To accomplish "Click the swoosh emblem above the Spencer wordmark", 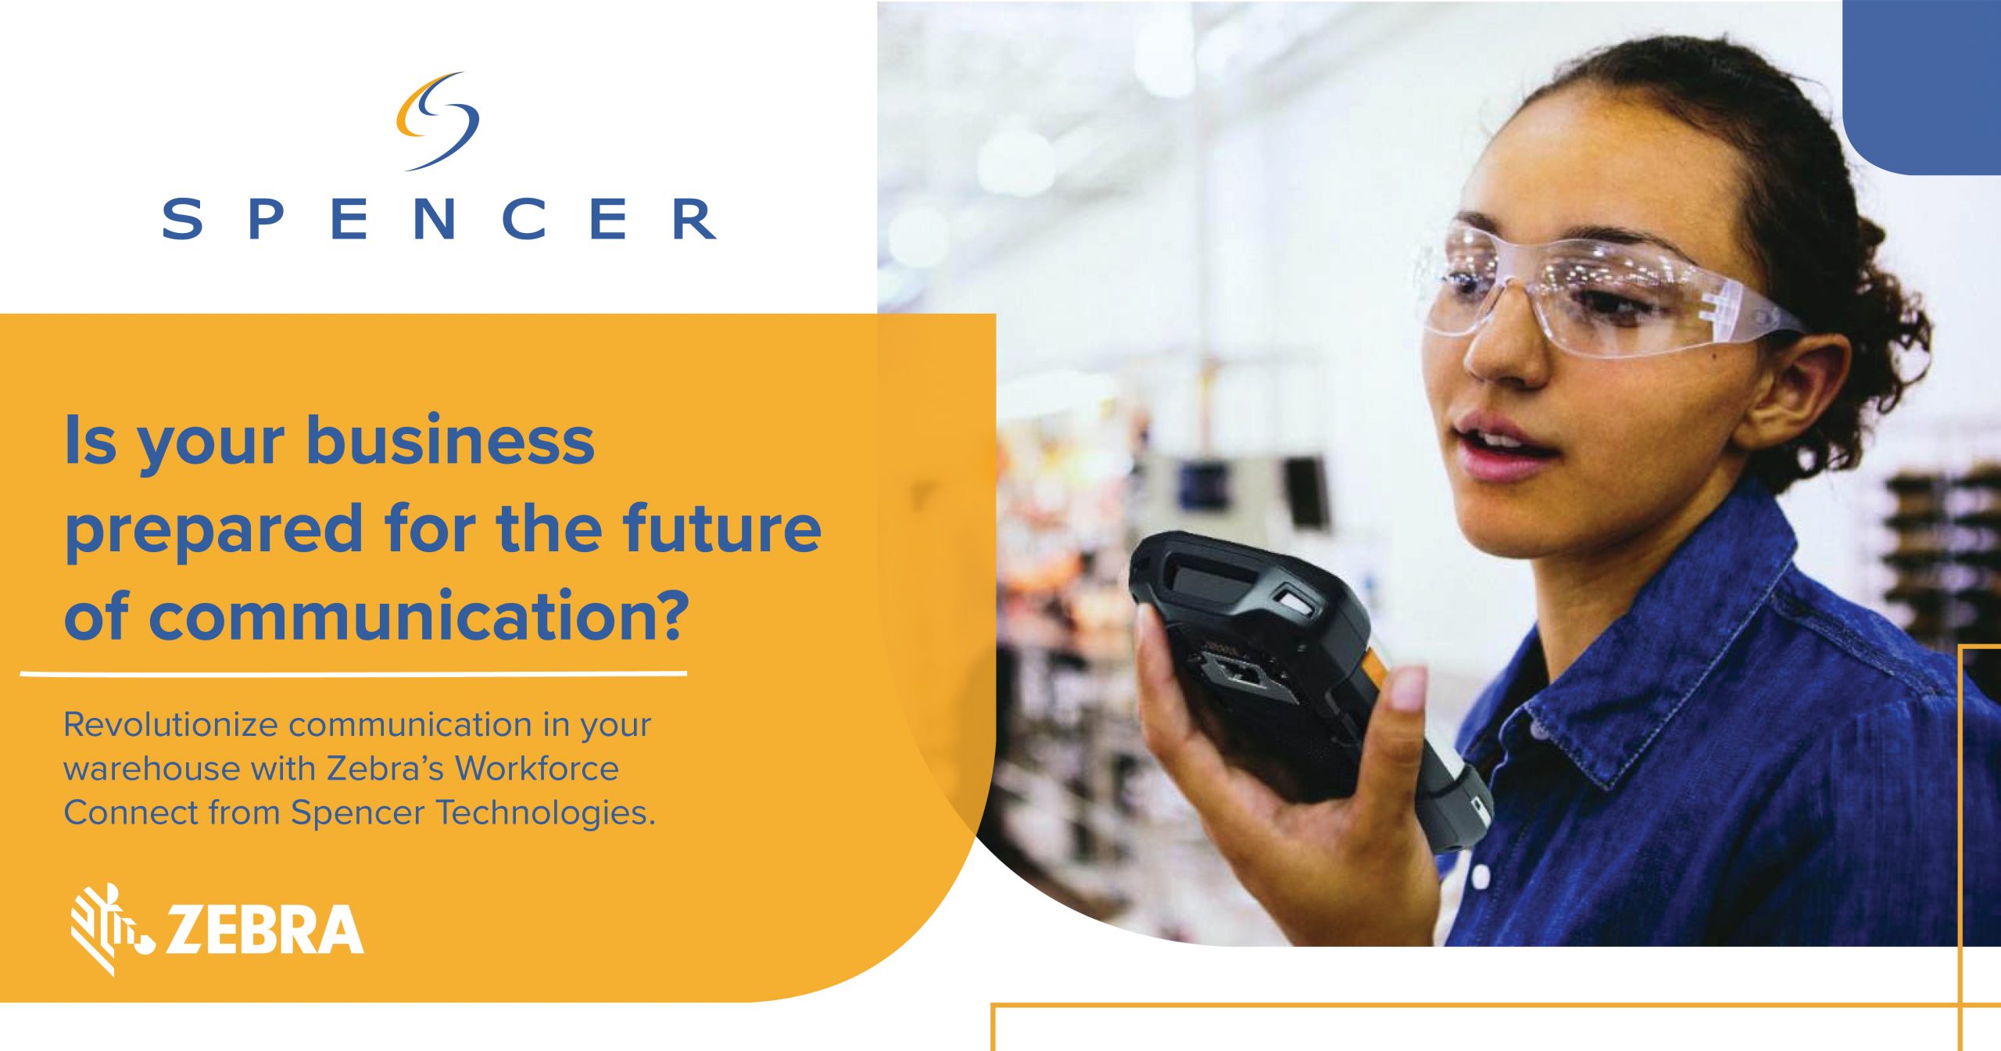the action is [x=437, y=121].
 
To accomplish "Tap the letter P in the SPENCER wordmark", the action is [x=265, y=218].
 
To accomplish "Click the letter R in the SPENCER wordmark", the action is [x=694, y=218].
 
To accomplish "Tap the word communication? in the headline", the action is [x=419, y=615].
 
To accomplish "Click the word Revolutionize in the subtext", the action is [x=170, y=725].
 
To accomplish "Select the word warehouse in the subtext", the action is [x=152, y=769].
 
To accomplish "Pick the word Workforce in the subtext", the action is [x=538, y=769].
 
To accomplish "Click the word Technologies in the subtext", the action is [x=545, y=813].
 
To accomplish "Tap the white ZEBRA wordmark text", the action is [x=264, y=930].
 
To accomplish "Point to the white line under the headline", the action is [x=353, y=673].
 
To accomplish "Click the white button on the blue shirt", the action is [x=1480, y=877].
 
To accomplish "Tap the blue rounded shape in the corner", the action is [x=1921, y=87].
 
